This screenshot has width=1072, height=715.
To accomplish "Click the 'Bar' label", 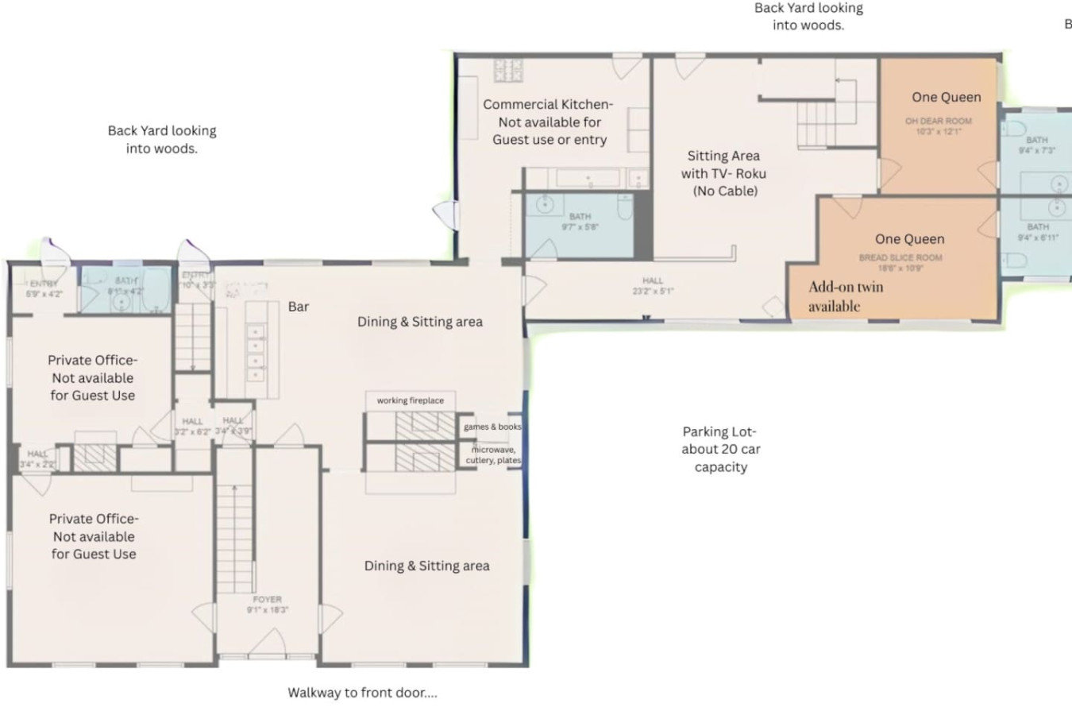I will coord(299,307).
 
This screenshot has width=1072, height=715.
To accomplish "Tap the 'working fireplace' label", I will coord(410,400).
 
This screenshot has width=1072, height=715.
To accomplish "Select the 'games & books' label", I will coord(492,427).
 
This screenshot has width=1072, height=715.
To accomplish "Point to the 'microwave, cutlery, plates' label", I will coord(493,455).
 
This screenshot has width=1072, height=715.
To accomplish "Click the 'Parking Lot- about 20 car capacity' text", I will coord(720,450).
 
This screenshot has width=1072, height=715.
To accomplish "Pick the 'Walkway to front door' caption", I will coord(362,693).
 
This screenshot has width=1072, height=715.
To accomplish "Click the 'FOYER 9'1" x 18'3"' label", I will coord(267,605).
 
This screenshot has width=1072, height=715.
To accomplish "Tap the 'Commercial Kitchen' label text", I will coord(548,122).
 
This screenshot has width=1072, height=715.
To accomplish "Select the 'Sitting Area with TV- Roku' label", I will coord(723,173).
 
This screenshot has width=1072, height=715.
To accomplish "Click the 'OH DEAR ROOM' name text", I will coord(938,122).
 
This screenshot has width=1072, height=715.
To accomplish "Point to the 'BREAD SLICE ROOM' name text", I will coord(900,257).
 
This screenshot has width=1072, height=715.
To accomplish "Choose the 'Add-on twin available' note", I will coord(845,296).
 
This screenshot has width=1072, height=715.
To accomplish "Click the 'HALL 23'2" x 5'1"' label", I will coord(653,285).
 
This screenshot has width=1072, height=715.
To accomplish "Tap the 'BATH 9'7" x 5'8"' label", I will coord(580,222).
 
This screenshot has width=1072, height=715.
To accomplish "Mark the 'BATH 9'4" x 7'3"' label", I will coord(1036,145).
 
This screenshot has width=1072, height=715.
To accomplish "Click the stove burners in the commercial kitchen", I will coord(508,71).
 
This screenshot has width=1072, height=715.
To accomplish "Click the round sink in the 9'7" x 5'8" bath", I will coord(545,204).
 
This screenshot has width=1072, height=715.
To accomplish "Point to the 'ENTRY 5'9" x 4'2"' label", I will coord(43,288).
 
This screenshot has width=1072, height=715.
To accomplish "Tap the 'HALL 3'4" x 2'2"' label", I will coord(37,458).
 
